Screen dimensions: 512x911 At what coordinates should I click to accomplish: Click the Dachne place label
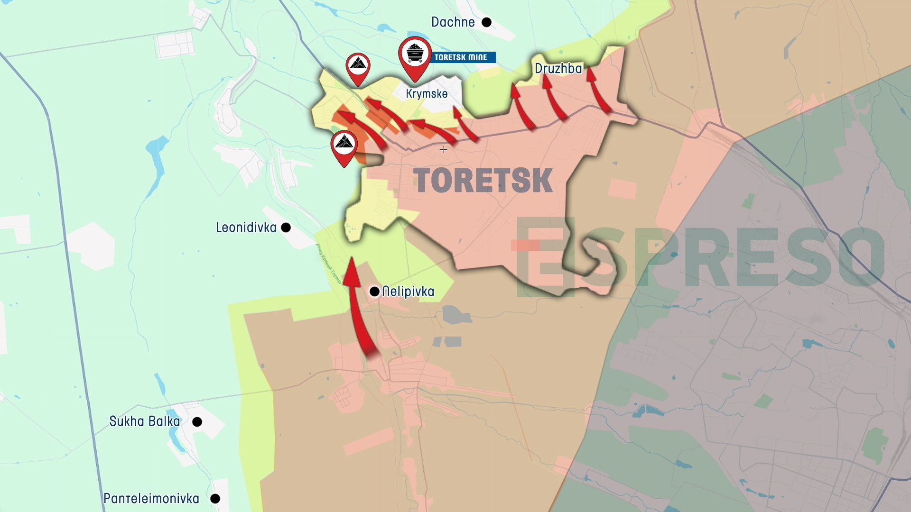coord(453,22)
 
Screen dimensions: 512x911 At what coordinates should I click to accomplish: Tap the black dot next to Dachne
coord(486,22)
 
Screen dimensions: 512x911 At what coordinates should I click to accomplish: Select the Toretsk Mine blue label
coord(461,57)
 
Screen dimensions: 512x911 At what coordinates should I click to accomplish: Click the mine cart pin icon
coord(415,55)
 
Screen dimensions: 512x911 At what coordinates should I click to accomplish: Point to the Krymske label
coord(427,93)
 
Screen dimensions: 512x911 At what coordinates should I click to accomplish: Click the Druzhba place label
coord(558,69)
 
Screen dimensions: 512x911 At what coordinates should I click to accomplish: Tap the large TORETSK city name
coord(483,181)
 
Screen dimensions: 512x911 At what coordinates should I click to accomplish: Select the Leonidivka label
coord(246,228)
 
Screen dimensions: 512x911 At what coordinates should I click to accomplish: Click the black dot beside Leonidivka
coord(286,228)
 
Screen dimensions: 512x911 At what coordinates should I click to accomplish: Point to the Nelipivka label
coord(408,291)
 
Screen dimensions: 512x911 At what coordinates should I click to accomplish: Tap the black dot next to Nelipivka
coord(374,291)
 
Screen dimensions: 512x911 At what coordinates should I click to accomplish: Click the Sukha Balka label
coord(145,421)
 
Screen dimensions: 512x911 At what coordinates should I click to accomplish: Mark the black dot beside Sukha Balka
coord(197,422)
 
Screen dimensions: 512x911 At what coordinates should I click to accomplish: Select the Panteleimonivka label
coord(151,499)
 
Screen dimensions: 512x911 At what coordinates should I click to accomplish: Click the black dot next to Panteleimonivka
coord(215,499)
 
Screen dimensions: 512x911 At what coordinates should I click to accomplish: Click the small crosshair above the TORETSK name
coord(443,150)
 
